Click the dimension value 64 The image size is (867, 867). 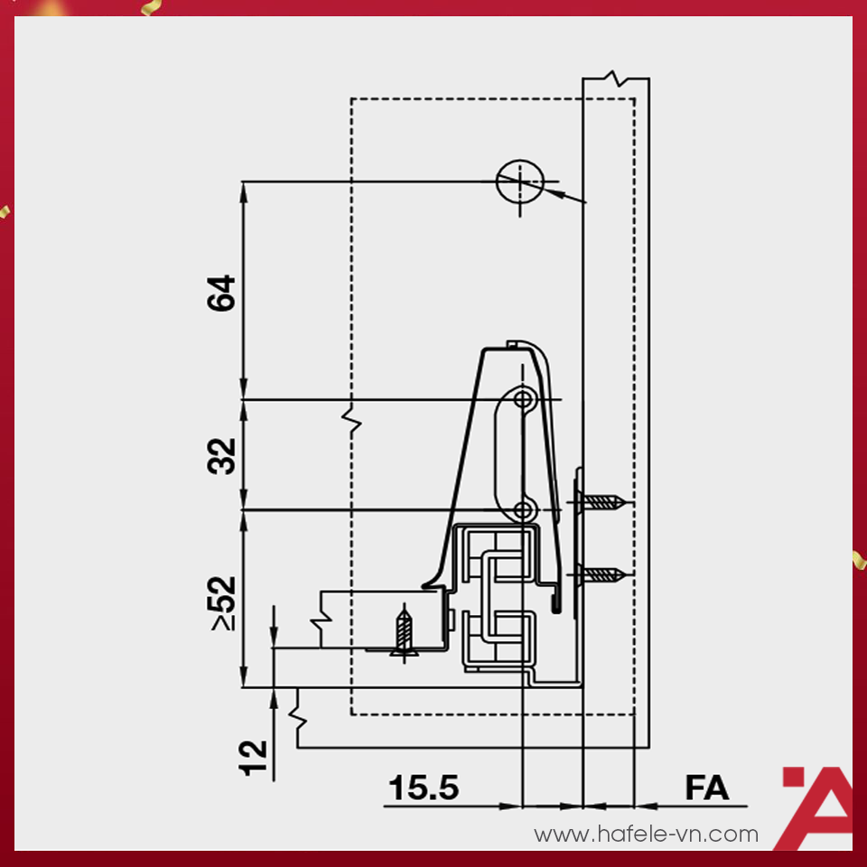[x=221, y=293]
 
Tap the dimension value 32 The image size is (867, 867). [x=221, y=456]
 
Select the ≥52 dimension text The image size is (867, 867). [x=222, y=603]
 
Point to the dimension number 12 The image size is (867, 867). [x=253, y=758]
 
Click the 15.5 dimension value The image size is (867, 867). [x=424, y=788]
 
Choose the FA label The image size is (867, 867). [x=706, y=788]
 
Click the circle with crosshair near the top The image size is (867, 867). [x=520, y=182]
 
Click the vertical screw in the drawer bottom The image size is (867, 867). [x=405, y=632]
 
